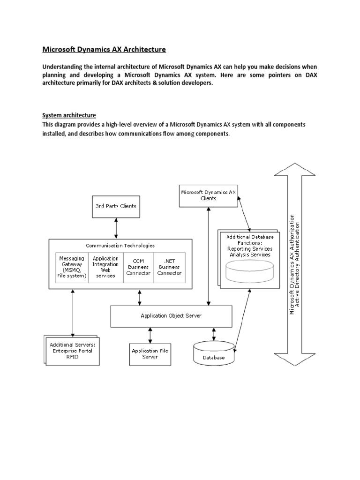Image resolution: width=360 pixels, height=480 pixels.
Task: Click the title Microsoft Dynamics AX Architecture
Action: (x=104, y=49)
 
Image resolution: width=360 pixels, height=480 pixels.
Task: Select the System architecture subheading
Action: (x=69, y=115)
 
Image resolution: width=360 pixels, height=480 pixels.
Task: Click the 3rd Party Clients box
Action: (x=116, y=206)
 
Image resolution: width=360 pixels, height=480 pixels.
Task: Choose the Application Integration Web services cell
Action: (x=105, y=267)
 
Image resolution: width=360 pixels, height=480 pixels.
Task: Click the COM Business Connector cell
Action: (x=138, y=267)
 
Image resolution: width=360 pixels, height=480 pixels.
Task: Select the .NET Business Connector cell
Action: (x=169, y=267)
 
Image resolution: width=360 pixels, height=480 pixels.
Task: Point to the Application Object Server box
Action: (x=171, y=315)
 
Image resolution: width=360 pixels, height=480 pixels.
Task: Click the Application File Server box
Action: (x=150, y=353)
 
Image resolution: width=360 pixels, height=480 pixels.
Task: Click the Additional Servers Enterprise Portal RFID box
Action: (x=72, y=351)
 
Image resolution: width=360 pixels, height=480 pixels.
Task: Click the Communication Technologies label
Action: (x=120, y=245)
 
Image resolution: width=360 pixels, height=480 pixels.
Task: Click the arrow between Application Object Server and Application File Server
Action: (x=150, y=335)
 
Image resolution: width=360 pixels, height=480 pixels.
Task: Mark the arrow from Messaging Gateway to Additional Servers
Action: (x=73, y=312)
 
